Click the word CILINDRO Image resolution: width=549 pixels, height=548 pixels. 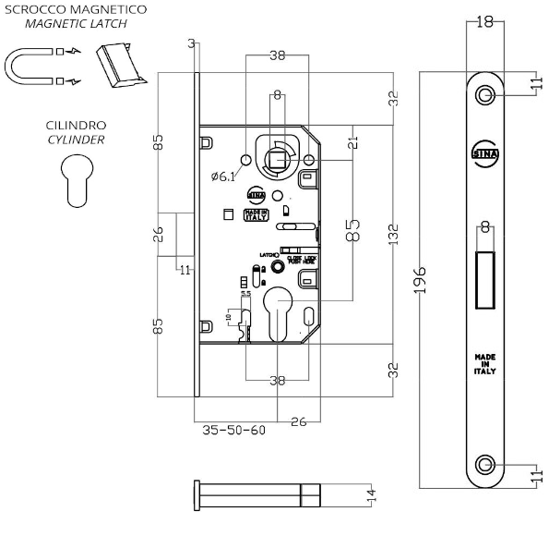tap(75, 124)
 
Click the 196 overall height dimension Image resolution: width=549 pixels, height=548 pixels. tap(419, 277)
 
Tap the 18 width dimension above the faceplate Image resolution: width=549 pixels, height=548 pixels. tap(484, 23)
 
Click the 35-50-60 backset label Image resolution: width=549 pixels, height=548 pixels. tap(233, 431)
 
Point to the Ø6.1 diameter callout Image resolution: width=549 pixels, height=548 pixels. tap(223, 176)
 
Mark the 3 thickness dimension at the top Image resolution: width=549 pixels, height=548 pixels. tap(190, 43)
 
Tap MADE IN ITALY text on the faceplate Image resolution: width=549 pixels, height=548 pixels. tap(484, 363)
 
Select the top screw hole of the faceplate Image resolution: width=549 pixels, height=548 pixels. tap(485, 95)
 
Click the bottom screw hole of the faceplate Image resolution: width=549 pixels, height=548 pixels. tap(485, 464)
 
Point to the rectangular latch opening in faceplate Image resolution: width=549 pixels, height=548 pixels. tap(485, 278)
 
